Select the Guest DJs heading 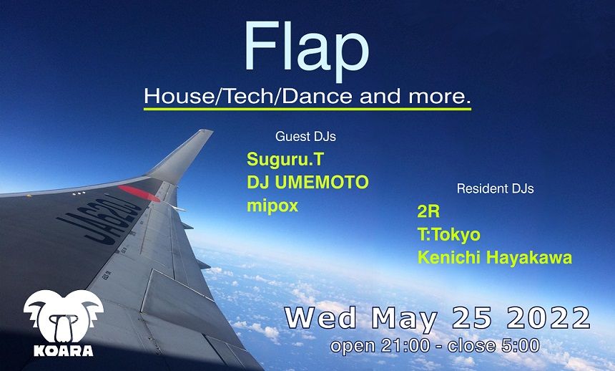click(305, 136)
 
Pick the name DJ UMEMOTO click(307, 183)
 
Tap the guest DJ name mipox click(272, 206)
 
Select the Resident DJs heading click(495, 189)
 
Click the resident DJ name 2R click(428, 213)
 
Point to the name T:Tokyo click(449, 235)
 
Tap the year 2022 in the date click(546, 317)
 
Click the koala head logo click(63, 315)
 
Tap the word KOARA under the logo click(63, 351)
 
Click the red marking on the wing click(139, 193)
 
